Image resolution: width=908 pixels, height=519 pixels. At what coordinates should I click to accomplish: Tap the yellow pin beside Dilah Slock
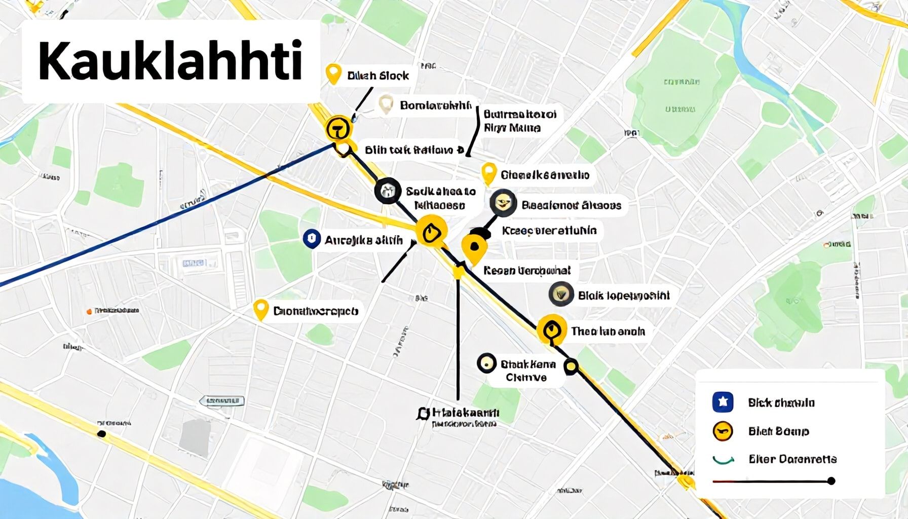point(333,73)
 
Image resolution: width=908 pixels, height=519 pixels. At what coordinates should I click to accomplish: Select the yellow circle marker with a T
point(338,128)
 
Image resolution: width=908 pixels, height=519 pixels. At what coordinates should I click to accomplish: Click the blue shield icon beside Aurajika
point(311,239)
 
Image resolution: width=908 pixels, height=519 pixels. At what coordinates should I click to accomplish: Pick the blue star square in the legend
point(723,402)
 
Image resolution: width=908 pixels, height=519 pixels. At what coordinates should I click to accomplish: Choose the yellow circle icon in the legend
point(723,431)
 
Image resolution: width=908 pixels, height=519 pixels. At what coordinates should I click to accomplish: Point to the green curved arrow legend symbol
point(723,460)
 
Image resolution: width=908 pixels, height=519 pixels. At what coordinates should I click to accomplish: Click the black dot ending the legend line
point(831,480)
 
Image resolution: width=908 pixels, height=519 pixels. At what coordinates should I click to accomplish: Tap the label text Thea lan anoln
point(608,331)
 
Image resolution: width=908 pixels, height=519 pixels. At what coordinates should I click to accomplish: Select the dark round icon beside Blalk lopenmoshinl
point(561,294)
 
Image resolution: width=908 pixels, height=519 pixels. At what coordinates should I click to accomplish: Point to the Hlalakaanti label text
point(463,413)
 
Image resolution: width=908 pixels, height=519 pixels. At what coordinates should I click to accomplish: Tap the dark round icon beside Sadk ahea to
point(388,191)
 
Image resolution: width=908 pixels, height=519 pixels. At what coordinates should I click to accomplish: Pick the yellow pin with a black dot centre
point(474,247)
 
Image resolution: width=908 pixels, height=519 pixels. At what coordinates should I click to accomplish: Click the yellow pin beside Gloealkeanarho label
point(488,173)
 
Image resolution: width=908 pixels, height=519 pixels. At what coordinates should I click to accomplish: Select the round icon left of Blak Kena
point(486,363)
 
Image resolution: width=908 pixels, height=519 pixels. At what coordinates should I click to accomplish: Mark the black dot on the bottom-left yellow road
point(102,433)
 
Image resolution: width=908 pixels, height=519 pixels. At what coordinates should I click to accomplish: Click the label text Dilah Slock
point(378,76)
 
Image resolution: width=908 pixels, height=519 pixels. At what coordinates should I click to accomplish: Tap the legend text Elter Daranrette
point(792,459)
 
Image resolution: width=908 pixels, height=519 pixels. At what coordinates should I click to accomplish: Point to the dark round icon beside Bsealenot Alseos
point(503,204)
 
